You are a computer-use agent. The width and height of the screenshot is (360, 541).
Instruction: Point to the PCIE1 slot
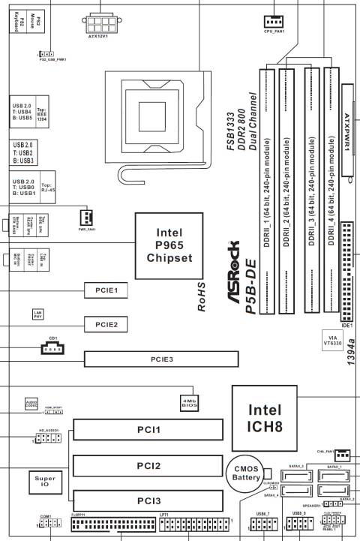(x=106, y=289)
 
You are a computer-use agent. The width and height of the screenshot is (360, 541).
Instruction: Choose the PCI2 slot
(x=148, y=466)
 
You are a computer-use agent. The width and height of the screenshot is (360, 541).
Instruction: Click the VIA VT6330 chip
(x=332, y=341)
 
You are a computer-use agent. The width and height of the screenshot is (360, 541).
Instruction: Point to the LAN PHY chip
(x=37, y=314)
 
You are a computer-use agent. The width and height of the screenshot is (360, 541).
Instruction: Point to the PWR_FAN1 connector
(x=85, y=216)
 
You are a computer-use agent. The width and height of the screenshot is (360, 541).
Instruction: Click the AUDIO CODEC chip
(x=30, y=403)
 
